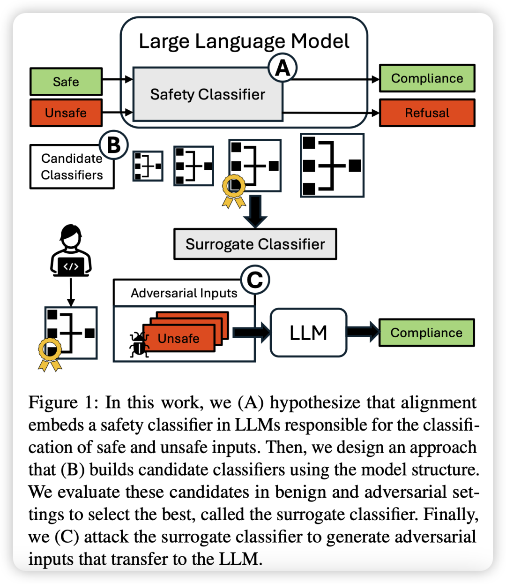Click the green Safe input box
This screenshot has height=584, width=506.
pyautogui.click(x=66, y=82)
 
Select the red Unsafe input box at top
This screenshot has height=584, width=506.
pyautogui.click(x=66, y=113)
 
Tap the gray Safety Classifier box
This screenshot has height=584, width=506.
pyautogui.click(x=208, y=94)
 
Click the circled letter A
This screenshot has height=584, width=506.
pyautogui.click(x=283, y=68)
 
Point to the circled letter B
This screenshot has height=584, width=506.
pyautogui.click(x=113, y=145)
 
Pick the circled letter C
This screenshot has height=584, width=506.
pyautogui.click(x=255, y=281)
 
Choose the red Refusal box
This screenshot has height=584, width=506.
pyautogui.click(x=427, y=113)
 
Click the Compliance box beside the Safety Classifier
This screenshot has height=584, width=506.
pyautogui.click(x=427, y=78)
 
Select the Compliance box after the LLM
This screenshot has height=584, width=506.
pyautogui.click(x=426, y=333)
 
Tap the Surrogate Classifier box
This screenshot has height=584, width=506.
pyautogui.click(x=255, y=244)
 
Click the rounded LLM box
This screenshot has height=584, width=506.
pyautogui.click(x=308, y=333)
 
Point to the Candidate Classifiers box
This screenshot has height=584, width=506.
pyautogui.click(x=72, y=167)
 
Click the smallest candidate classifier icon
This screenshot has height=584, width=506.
pyautogui.click(x=148, y=166)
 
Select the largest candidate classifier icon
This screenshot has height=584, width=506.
pyautogui.click(x=332, y=165)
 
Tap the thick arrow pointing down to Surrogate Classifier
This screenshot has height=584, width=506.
pyautogui.click(x=255, y=211)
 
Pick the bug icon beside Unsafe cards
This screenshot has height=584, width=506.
pyautogui.click(x=139, y=345)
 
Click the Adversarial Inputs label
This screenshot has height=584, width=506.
pyautogui.click(x=184, y=293)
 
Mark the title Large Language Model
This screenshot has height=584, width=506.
pyautogui.click(x=244, y=41)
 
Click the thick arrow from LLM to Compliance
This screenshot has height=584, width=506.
pyautogui.click(x=363, y=332)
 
